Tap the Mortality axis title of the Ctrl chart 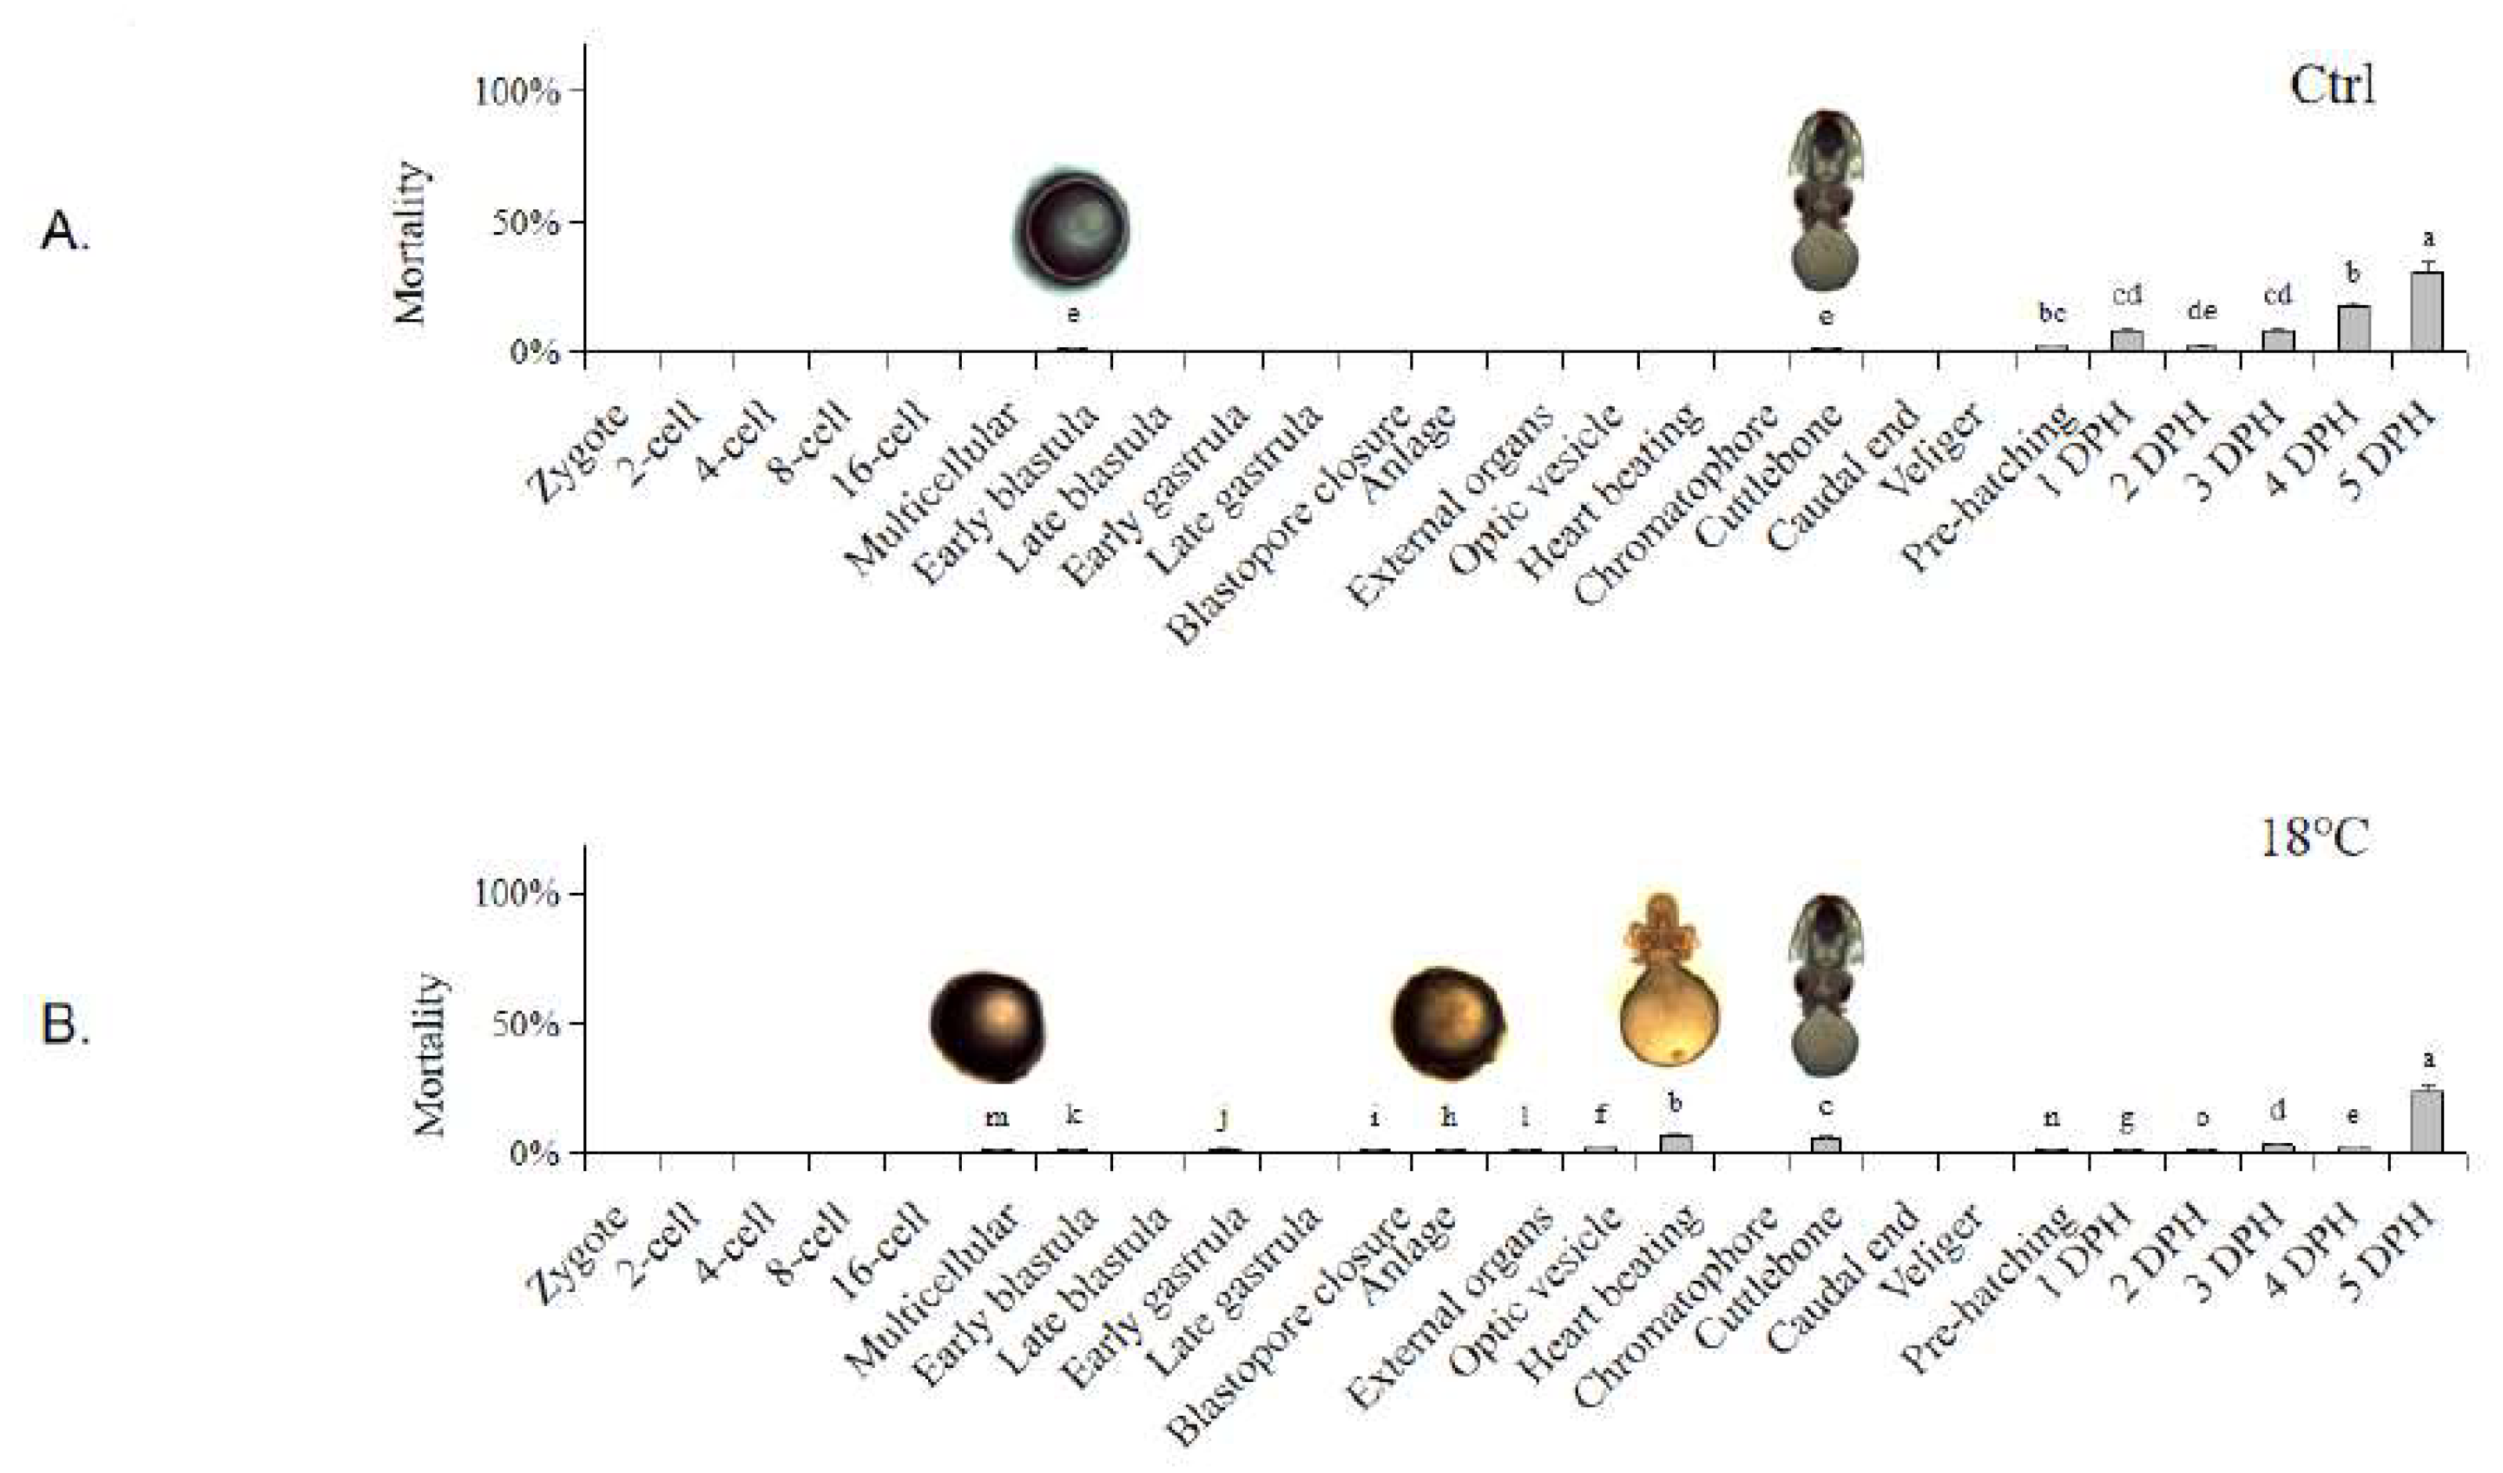click(409, 242)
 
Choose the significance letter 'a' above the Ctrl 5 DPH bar click(2428, 238)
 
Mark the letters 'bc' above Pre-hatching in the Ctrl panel click(2051, 314)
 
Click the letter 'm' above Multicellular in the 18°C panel click(996, 1117)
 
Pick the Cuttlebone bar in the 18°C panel click(1826, 1145)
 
